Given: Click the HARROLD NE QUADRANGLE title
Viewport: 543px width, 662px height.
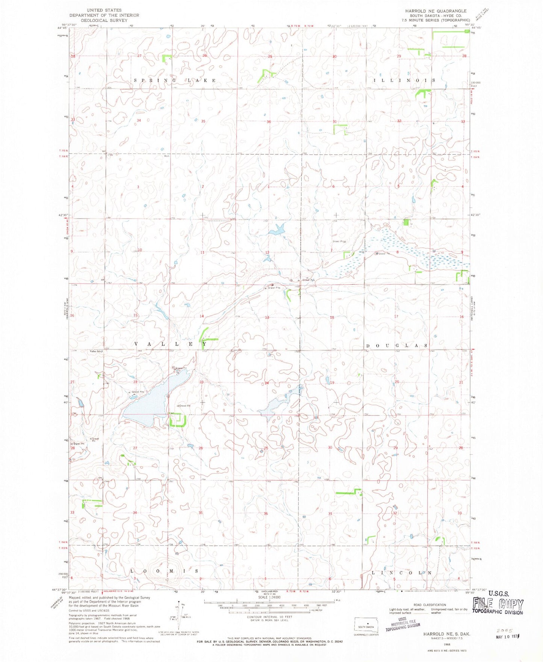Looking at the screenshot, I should pos(436,11).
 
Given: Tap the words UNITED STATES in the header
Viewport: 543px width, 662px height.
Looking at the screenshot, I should pos(104,10).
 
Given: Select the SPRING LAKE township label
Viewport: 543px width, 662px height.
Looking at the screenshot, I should pos(175,80).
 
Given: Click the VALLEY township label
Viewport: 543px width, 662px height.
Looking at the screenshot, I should pos(170,344).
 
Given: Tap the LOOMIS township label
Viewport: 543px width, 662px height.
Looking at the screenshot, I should pos(165,571).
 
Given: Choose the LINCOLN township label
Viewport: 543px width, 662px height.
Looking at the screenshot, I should pos(401,573).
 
